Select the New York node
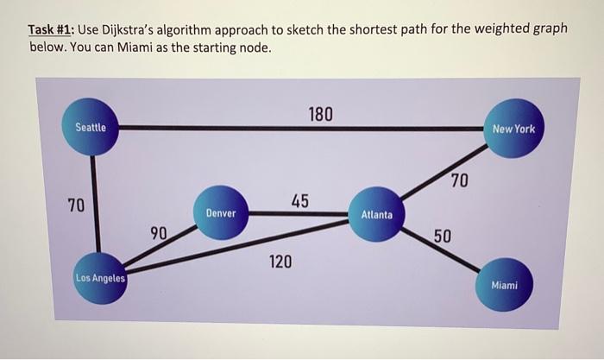click(x=513, y=129)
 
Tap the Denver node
click(x=221, y=212)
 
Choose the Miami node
click(x=504, y=286)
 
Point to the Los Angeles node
click(x=99, y=278)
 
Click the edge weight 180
click(x=320, y=115)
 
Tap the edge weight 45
click(x=299, y=201)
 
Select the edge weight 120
click(x=279, y=261)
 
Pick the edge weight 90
click(x=159, y=232)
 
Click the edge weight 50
click(x=442, y=237)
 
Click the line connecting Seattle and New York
click(x=259, y=129)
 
